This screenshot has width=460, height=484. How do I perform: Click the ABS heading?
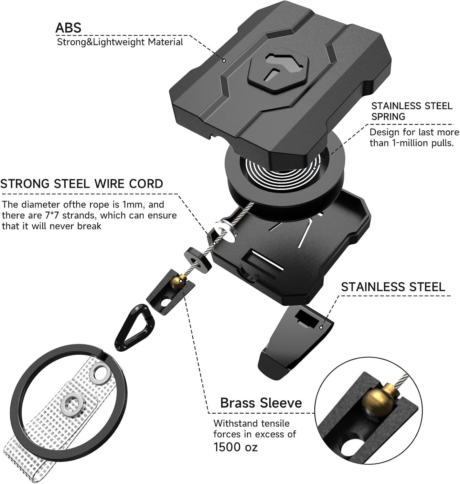point(68,27)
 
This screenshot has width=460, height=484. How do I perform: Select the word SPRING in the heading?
point(388,116)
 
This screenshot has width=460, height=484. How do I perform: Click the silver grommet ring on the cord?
point(224,231)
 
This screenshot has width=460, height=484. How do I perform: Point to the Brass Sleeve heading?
point(261,403)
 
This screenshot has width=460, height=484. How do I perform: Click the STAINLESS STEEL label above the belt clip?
point(393,287)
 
